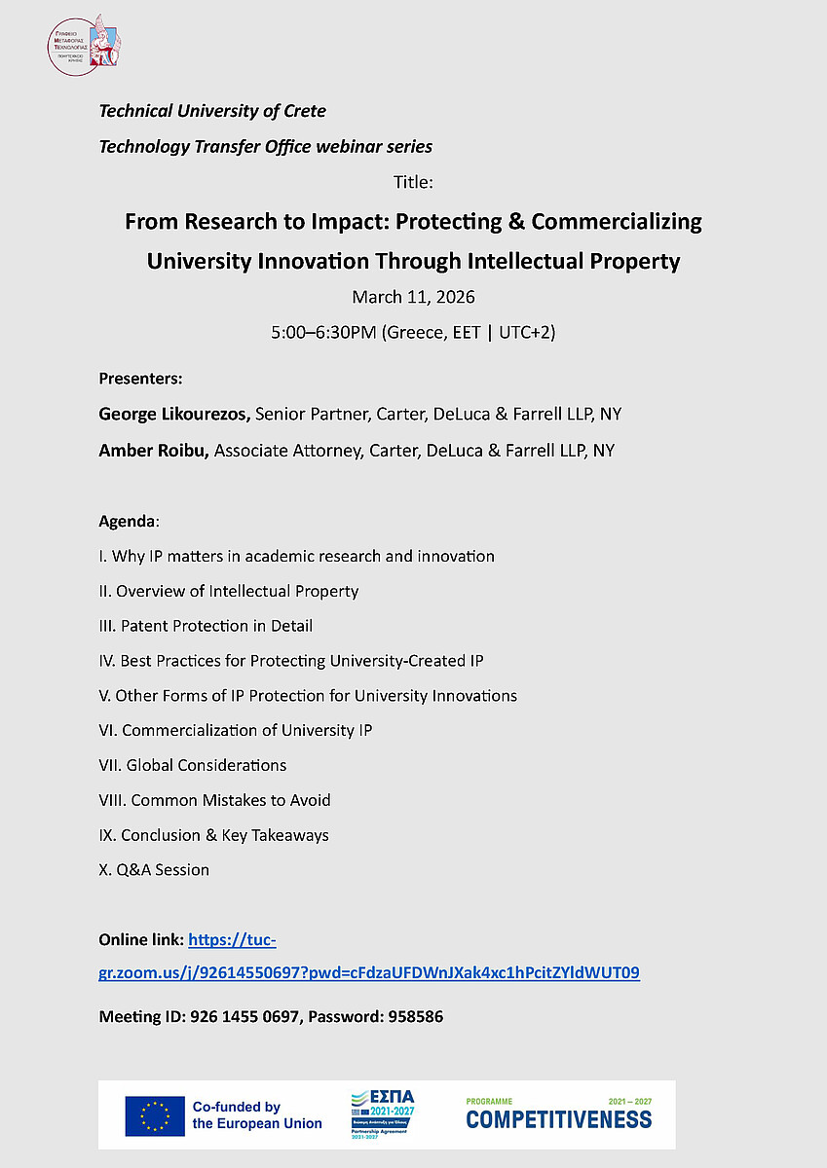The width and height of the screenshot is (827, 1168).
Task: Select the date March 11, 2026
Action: (414, 296)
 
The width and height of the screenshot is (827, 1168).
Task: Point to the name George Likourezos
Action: (174, 414)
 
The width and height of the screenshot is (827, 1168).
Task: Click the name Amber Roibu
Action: (153, 450)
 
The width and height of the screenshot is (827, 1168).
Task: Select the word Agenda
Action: (127, 521)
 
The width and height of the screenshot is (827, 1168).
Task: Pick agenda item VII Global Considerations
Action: (193, 765)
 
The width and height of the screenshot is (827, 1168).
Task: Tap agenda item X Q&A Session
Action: (154, 869)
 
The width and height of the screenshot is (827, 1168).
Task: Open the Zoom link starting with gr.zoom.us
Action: (369, 972)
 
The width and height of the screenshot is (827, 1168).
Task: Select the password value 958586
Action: (416, 1017)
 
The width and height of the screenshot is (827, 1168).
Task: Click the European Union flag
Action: (154, 1115)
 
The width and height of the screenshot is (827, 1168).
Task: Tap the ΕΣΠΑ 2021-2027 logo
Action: (381, 1114)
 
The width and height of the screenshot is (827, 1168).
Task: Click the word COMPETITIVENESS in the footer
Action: (559, 1119)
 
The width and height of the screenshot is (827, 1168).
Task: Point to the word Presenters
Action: (140, 378)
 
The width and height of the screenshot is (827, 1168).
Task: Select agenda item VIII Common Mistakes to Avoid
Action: (214, 800)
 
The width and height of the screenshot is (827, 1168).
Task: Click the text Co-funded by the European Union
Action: (257, 1115)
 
